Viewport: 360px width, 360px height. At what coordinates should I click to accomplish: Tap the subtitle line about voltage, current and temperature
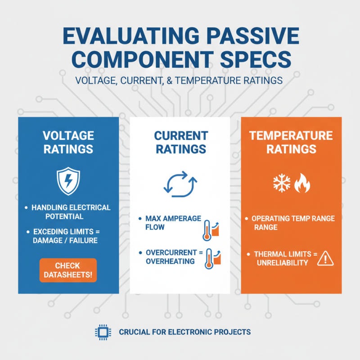179,81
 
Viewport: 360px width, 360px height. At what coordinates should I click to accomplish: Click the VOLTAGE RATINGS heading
68,142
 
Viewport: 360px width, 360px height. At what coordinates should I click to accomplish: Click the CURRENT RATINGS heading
180,142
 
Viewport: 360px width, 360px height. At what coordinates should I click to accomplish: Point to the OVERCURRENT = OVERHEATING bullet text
171,257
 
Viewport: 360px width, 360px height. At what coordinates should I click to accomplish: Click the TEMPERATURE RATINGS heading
292,142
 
